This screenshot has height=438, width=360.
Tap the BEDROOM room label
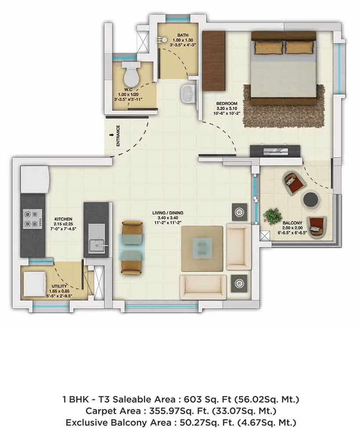tap(227, 104)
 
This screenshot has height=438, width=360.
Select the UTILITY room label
tap(53, 286)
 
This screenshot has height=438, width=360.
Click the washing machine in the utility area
tap(33, 284)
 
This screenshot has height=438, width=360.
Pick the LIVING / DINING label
tap(168, 213)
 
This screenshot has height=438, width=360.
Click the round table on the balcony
tap(311, 198)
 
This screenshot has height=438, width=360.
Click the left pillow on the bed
tap(267, 47)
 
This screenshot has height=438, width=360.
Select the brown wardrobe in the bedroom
tap(214, 60)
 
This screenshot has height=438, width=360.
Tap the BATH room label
tap(182, 35)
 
